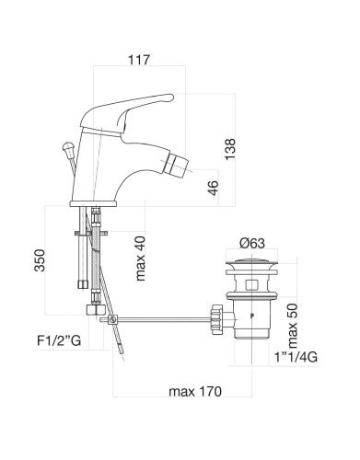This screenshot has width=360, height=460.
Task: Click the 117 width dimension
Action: tap(139, 60)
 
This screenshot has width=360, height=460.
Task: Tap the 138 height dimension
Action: tap(230, 149)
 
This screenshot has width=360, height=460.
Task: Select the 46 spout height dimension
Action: tap(213, 188)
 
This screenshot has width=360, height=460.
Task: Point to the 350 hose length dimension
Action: tap(40, 260)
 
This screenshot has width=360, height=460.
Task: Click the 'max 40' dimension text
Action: tap(140, 259)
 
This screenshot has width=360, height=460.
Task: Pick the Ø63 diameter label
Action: tap(251, 244)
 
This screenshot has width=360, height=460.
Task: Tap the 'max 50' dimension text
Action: tap(293, 326)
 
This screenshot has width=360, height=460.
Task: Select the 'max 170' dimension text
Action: tap(195, 391)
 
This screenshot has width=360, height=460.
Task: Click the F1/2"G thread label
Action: tap(59, 340)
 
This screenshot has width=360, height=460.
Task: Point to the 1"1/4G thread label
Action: tap(296, 357)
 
